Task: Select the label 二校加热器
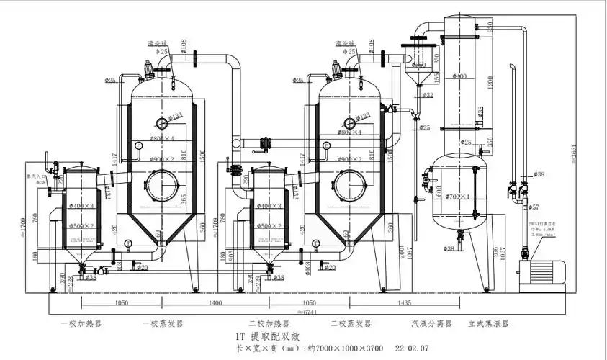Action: [266, 324]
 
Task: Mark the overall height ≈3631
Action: [574, 155]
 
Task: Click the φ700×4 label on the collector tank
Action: [457, 196]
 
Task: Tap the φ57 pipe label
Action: [534, 207]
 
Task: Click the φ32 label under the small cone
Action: [428, 95]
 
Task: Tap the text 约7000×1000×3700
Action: [348, 348]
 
